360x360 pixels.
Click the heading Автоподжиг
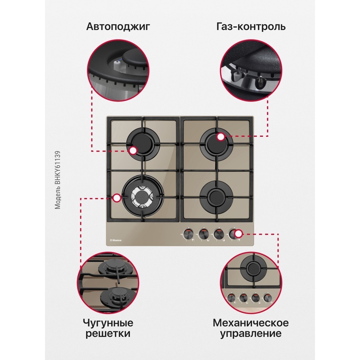118,27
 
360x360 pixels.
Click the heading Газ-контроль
251,27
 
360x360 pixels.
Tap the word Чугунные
108,323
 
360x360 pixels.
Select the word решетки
108,334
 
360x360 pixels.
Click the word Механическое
251,323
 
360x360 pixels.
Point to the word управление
251,333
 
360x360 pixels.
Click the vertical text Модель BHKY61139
57,180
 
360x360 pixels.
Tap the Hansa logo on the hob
116,240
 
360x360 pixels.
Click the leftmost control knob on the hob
188,234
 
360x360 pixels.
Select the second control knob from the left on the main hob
203,234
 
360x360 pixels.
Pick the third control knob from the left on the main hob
218,234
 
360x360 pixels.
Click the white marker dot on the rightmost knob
239,234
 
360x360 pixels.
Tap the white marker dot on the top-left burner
133,150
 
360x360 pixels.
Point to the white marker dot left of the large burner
117,198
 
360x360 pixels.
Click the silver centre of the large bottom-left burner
142,197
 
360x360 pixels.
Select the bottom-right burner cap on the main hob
216,197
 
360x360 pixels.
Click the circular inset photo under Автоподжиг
118,71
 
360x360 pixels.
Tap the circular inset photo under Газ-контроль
251,71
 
